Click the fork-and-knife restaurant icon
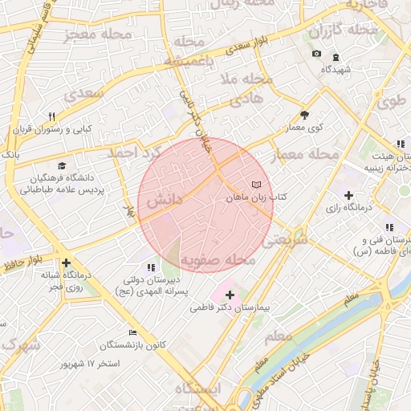click(x=52, y=116)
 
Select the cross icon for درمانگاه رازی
click(x=348, y=195)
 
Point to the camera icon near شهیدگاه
click(x=317, y=55)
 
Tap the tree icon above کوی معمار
click(x=304, y=114)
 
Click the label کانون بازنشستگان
click(x=133, y=345)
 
